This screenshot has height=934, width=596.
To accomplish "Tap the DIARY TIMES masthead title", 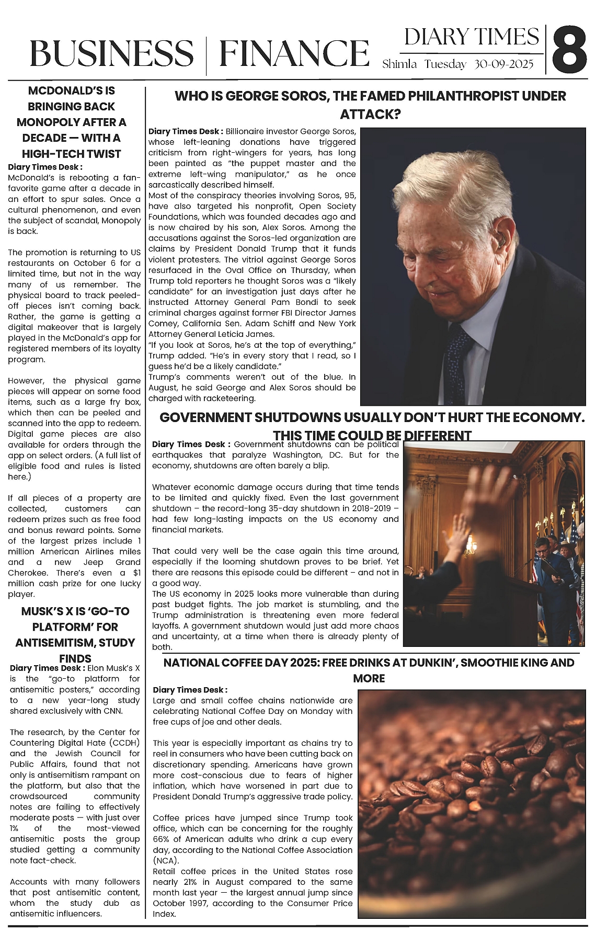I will click(471, 37).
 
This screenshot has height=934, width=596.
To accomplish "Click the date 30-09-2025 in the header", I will click(504, 64).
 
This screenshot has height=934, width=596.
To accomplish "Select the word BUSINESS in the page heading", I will click(111, 53).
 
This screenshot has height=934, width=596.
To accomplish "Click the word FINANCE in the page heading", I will click(294, 53).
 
